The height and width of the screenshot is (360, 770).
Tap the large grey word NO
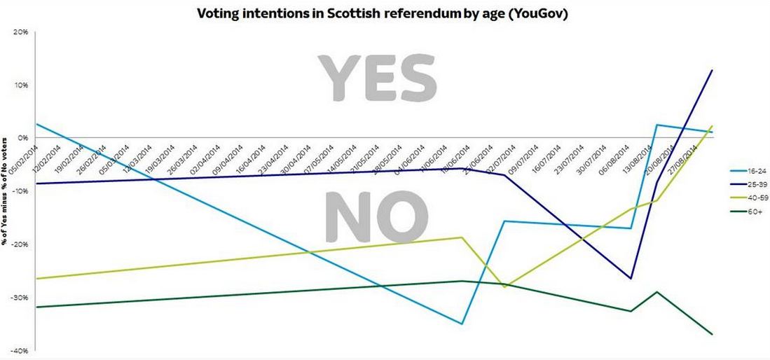tap(378, 217)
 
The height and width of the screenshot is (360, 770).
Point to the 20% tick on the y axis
tap(19, 32)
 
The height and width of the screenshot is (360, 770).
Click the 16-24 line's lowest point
tap(462, 324)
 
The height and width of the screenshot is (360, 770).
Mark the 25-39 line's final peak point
tap(712, 70)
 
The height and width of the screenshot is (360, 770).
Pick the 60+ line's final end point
tap(712, 334)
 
